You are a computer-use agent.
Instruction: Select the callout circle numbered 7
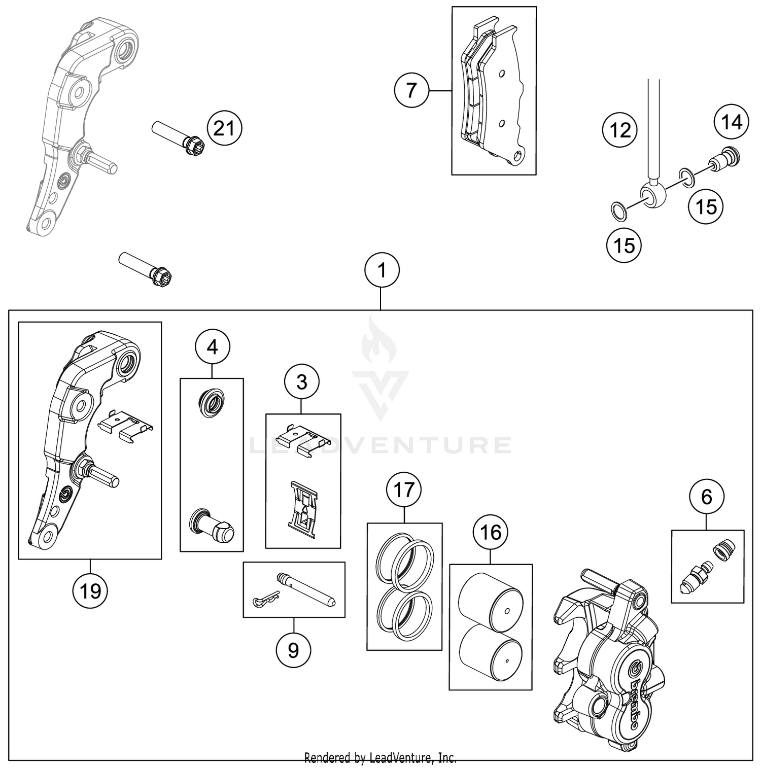pyautogui.click(x=411, y=90)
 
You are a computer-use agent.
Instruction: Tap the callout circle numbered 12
pyautogui.click(x=619, y=130)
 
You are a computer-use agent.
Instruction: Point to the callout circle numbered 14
pyautogui.click(x=731, y=122)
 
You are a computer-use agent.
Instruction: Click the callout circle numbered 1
pyautogui.click(x=382, y=270)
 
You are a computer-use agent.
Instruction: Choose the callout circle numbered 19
pyautogui.click(x=90, y=591)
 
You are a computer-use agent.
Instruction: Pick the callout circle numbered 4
pyautogui.click(x=213, y=347)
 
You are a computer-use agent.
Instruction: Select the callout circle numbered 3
pyautogui.click(x=302, y=382)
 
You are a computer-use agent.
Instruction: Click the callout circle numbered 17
pyautogui.click(x=404, y=491)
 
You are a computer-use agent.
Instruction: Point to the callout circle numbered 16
pyautogui.click(x=490, y=532)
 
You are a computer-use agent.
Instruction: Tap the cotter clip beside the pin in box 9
pyautogui.click(x=265, y=600)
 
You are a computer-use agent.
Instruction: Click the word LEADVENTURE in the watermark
pyautogui.click(x=380, y=446)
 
